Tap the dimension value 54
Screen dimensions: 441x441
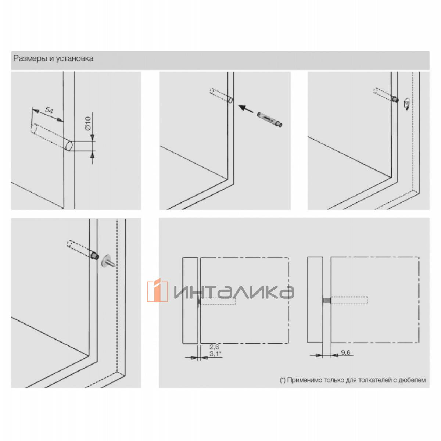[49, 110]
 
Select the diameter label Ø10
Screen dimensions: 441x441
[88, 123]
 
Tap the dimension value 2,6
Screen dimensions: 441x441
[214, 347]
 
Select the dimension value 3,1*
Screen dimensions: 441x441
[215, 354]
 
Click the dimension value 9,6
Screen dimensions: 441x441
[345, 352]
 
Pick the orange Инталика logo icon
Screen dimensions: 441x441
[157, 290]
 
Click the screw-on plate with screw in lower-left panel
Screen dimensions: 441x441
[108, 261]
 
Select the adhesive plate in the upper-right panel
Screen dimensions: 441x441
[406, 104]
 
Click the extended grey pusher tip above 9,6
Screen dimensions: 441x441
[327, 301]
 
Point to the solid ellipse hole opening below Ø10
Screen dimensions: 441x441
[69, 146]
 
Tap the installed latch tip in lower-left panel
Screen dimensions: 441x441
[95, 255]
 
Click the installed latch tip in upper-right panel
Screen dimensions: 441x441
[395, 99]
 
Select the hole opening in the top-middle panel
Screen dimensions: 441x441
[231, 100]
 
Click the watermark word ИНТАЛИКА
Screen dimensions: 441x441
[234, 292]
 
